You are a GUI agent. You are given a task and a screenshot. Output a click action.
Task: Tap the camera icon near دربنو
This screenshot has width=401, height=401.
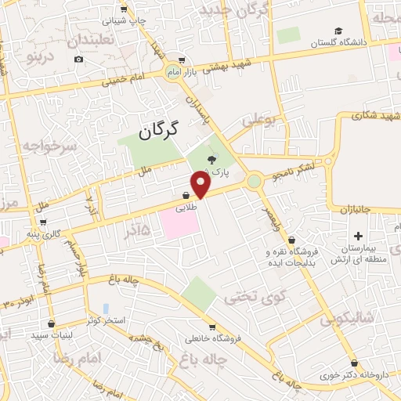coord(78,60)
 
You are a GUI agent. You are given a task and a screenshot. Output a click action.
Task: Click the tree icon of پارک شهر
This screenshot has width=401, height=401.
coord(211,160)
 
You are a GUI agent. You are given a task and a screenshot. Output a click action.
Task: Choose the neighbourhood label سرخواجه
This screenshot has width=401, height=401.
coord(47,146)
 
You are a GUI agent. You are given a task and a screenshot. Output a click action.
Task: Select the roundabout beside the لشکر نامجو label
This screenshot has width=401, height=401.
coord(254,182)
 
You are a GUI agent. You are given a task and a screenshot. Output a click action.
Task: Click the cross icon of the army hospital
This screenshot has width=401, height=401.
coord(359,236)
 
